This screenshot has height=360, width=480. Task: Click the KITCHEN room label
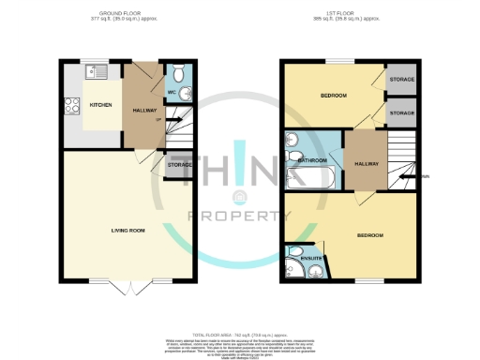coord(99,105)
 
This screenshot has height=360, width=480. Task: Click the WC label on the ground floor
coord(172,93)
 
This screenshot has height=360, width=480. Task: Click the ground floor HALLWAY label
coord(143,109)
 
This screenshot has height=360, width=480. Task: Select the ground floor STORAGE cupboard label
coord(180,165)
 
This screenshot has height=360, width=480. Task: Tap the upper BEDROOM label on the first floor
coord(332,96)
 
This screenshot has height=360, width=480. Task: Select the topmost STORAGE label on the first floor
coord(401,80)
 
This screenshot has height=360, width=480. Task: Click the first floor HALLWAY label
coord(366,164)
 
